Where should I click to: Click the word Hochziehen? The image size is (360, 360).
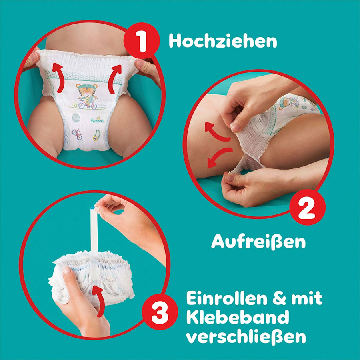(x=223, y=41)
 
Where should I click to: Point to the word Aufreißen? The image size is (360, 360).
(x=258, y=242)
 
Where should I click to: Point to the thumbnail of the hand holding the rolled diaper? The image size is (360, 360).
(x=66, y=270)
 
